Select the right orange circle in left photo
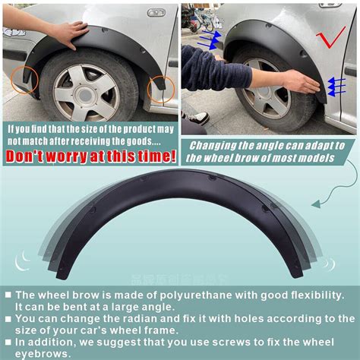[162, 90]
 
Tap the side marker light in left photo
[156, 13]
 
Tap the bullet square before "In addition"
[8, 343]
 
